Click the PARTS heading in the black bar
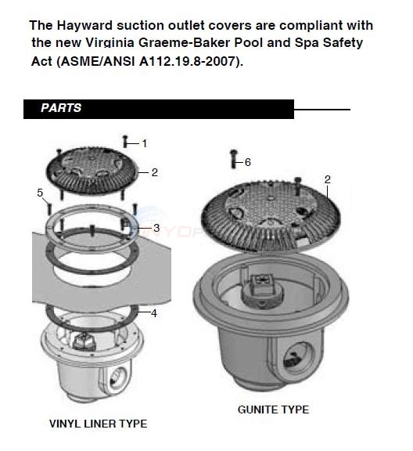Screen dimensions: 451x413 [x=61, y=108]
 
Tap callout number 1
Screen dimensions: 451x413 [x=144, y=143]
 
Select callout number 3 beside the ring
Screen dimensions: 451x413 [x=156, y=228]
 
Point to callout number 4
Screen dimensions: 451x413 [x=153, y=313]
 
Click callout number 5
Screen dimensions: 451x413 [x=40, y=192]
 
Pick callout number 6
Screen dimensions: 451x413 [x=247, y=162]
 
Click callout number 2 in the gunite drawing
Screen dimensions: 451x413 [x=327, y=180]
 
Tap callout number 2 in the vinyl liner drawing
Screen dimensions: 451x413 [x=155, y=172]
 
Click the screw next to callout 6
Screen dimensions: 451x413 [x=232, y=159]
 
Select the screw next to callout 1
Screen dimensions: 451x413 [x=126, y=142]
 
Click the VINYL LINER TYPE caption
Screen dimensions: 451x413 [x=98, y=424]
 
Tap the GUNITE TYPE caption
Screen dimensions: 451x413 [x=273, y=410]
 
